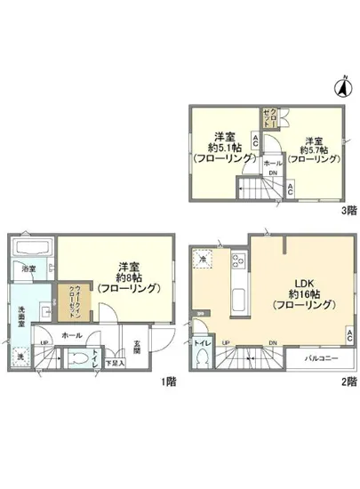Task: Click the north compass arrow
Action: [x=340, y=87]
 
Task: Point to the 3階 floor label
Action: [x=350, y=212]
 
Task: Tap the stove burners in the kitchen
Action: [x=238, y=261]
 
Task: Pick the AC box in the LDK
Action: [x=350, y=335]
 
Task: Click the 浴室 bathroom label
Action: [x=28, y=268]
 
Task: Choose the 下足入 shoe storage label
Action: [x=116, y=363]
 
